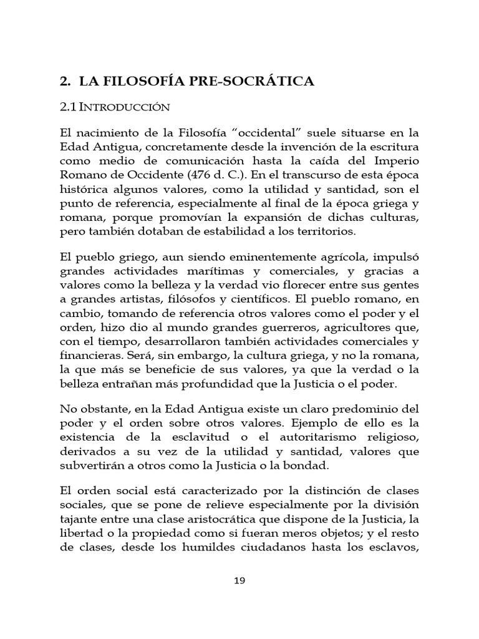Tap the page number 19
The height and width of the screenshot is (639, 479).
coord(239,580)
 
